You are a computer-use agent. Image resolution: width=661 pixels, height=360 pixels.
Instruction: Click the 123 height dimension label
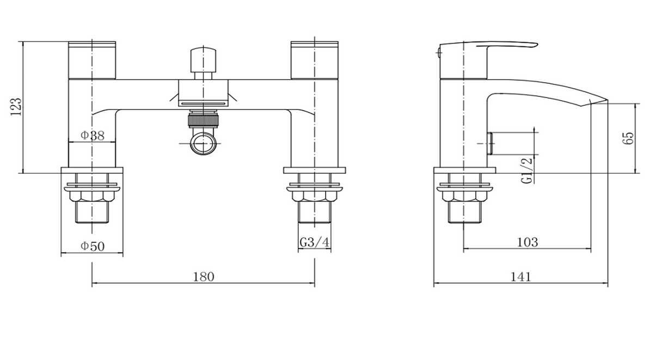pyautogui.click(x=16, y=107)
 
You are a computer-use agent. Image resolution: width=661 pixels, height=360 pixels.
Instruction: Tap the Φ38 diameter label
pyautogui.click(x=93, y=136)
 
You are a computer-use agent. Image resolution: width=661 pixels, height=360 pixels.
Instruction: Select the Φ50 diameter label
pyautogui.click(x=93, y=246)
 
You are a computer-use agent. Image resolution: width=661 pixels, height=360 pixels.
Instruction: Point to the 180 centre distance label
pyautogui.click(x=204, y=277)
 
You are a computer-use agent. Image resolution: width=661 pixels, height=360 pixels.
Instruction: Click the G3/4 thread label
pyautogui.click(x=315, y=242)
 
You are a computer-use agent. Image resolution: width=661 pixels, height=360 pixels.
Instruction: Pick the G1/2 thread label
pyautogui.click(x=527, y=170)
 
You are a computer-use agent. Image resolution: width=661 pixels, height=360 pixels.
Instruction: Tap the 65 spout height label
pyautogui.click(x=628, y=138)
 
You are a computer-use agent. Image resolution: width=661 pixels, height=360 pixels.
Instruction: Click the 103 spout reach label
pyautogui.click(x=528, y=242)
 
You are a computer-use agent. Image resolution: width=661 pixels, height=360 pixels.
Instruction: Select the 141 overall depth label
pyautogui.click(x=521, y=277)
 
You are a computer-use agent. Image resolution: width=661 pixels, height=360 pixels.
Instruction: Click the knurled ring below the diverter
pyautogui.click(x=203, y=120)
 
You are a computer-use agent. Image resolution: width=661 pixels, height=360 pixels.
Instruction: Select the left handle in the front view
pyautogui.click(x=92, y=60)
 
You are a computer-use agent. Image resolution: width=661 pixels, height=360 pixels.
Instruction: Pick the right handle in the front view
pyautogui.click(x=315, y=60)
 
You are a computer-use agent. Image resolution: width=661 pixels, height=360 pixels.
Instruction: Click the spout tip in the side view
pyautogui.click(x=607, y=100)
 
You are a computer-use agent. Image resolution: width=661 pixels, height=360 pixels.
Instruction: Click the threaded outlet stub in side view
pyautogui.click(x=491, y=143)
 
